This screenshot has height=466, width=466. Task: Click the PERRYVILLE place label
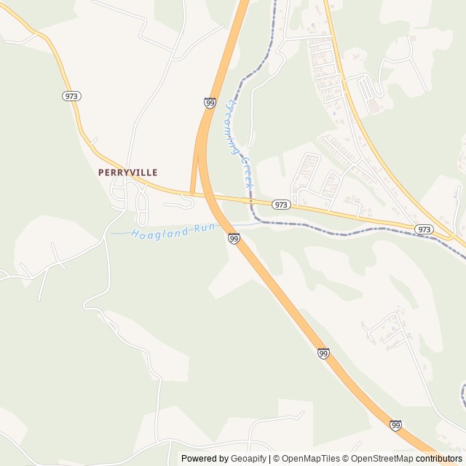(128, 173)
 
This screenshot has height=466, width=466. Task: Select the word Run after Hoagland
(203, 229)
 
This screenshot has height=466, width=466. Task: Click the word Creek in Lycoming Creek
(246, 172)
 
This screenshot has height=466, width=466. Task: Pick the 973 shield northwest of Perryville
(71, 96)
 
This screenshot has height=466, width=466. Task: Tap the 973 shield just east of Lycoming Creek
(282, 205)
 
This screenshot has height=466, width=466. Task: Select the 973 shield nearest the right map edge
(424, 229)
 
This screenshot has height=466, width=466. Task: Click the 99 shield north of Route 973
(210, 103)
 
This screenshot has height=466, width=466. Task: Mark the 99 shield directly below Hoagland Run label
(233, 239)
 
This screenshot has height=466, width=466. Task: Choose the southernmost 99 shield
(395, 425)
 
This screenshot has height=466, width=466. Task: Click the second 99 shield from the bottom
(323, 353)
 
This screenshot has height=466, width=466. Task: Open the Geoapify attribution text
(248, 459)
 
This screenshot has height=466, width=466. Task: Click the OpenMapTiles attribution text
(312, 459)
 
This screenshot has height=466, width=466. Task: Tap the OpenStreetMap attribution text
(382, 459)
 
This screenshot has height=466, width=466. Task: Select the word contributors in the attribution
(439, 459)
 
